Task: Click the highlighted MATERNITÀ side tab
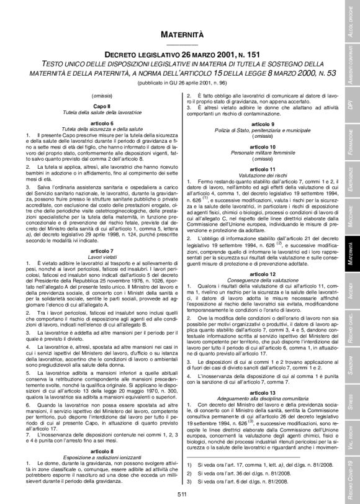click(351, 253)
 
